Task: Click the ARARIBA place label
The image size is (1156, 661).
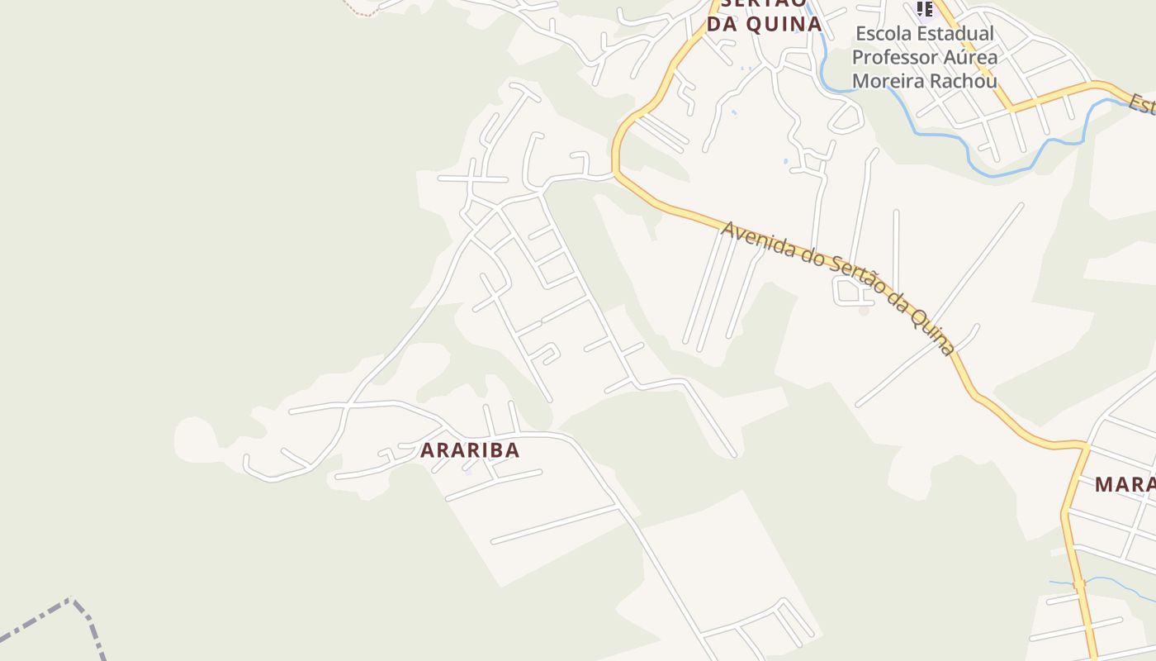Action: (x=470, y=450)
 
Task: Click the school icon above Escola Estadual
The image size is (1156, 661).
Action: (x=924, y=9)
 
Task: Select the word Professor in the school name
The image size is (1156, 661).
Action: (x=890, y=58)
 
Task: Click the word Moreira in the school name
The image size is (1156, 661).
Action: (x=887, y=81)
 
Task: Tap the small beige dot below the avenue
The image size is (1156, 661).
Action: (x=864, y=311)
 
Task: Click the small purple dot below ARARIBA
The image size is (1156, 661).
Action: (x=467, y=472)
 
